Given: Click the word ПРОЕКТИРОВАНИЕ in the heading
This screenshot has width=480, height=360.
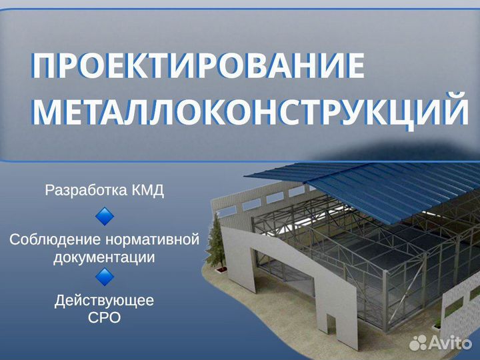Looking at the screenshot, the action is coord(198,65).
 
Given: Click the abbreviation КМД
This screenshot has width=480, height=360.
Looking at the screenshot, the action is coord(148,191).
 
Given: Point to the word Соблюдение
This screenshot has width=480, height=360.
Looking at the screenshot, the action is coord(55,239).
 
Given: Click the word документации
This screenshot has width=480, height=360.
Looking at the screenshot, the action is coord(104,257).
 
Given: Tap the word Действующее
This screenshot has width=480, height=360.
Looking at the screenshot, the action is coord(104,301).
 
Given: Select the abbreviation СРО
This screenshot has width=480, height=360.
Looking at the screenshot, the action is coord(105,317).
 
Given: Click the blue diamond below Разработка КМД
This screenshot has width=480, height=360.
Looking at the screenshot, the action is coord(105,217).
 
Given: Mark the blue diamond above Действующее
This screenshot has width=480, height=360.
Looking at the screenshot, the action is coord(105,277).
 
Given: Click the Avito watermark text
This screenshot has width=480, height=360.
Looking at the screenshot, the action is coord(450,343).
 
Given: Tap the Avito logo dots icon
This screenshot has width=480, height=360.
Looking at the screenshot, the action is coord(418,343).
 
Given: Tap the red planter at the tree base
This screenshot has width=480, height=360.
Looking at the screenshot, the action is coord(222,269).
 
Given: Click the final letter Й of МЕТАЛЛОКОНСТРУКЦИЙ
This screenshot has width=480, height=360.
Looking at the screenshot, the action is coord(456,108).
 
